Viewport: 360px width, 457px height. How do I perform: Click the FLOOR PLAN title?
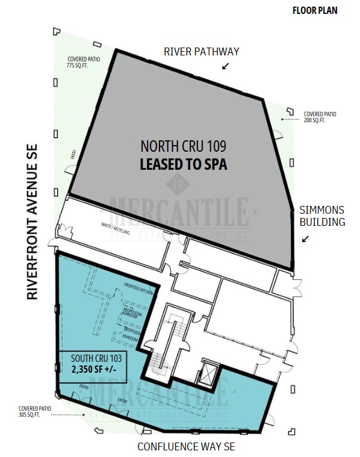pos(315,10)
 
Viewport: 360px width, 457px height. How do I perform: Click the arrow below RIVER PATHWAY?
pos(226,66)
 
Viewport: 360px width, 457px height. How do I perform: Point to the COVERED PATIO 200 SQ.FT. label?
pos(320,117)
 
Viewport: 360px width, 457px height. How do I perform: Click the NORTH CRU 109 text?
pos(183,146)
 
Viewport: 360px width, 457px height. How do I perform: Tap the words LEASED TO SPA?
pos(183,164)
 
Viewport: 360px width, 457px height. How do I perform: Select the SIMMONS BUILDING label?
pos(323,216)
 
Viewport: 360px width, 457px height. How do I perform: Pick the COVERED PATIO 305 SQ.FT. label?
pos(36,411)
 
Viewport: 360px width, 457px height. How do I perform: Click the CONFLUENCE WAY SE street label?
pos(186,447)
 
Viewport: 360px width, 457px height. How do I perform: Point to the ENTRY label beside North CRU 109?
pos(73,154)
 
